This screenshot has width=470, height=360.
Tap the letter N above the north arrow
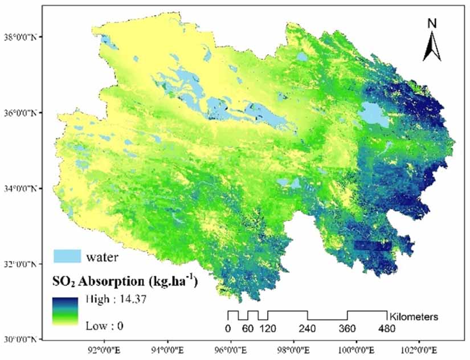click(432, 23)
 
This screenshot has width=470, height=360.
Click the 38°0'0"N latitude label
click(23, 37)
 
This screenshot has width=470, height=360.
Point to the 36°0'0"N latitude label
click(23, 112)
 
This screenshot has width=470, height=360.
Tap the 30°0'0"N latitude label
click(23, 340)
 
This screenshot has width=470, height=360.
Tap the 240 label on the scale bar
click(308, 329)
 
